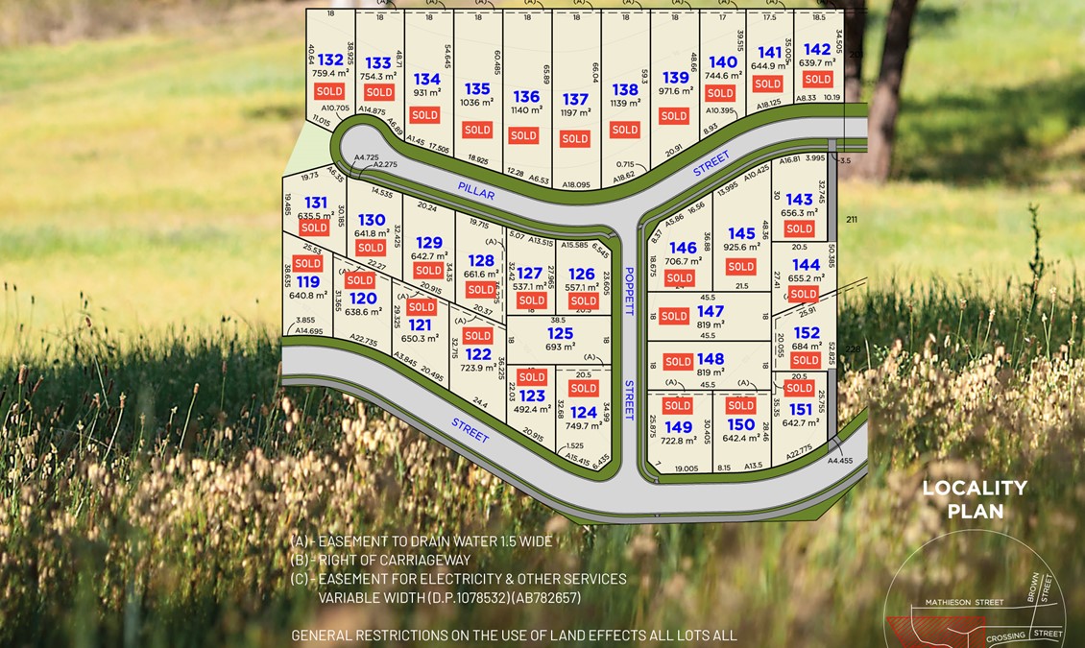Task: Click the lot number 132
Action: coord(330,60)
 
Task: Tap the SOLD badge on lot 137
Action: coord(574,138)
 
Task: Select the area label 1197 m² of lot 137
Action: coord(575,113)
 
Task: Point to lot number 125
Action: coord(560,333)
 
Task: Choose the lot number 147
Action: coord(711,311)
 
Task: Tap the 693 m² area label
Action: coord(560,347)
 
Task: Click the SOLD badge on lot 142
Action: coord(818,80)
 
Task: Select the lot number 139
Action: coord(676,78)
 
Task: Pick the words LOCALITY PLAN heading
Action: coord(975,499)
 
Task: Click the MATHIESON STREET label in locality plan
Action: coord(964,603)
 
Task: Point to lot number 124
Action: coord(583,413)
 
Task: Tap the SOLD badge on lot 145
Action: coord(741,267)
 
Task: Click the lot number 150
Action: coord(741,424)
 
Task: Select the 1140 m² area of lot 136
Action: coord(526,110)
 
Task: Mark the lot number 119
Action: coord(308,281)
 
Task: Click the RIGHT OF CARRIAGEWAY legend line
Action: coord(381,560)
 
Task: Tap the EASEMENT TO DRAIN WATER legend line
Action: coord(422,541)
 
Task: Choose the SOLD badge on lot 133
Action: coord(379,92)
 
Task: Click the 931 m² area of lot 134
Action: coord(427,93)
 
